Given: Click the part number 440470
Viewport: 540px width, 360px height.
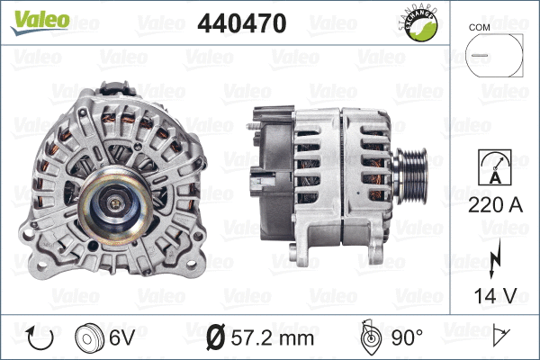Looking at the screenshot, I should click(x=241, y=25).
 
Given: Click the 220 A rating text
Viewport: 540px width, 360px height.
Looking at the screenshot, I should click(x=494, y=204).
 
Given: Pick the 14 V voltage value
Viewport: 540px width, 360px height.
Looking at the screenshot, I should click(x=494, y=295).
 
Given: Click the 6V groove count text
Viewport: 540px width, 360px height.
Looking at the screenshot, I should click(x=122, y=338).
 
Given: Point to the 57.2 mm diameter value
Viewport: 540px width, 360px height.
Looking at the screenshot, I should click(x=273, y=338).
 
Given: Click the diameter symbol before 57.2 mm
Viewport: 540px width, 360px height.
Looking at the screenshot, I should click(x=217, y=338).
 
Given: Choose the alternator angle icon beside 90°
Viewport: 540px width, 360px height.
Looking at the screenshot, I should click(x=370, y=338).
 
